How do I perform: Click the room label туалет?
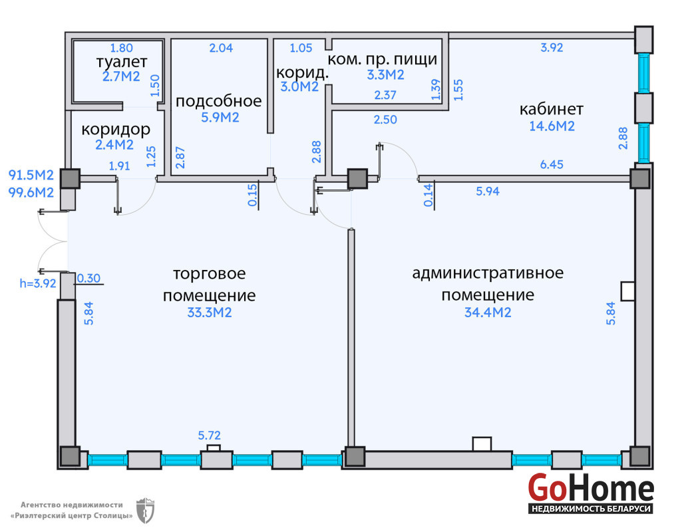tap(121, 63)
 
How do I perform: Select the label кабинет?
tap(552, 109)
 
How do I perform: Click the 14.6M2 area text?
tap(552, 126)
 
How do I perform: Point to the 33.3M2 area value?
tap(210, 312)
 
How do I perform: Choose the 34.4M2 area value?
tap(488, 312)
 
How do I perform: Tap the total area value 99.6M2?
tap(31, 193)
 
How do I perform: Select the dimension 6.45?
tap(552, 164)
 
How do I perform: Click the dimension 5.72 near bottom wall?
tap(210, 436)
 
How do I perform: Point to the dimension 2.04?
tap(222, 48)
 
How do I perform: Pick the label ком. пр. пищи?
tap(383, 59)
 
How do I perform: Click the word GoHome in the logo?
tap(591, 489)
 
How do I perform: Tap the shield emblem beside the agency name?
tap(144, 509)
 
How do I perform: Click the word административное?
tap(488, 273)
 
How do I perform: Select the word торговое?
tap(210, 273)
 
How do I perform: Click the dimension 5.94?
tap(488, 192)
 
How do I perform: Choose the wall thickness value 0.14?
tap(428, 195)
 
